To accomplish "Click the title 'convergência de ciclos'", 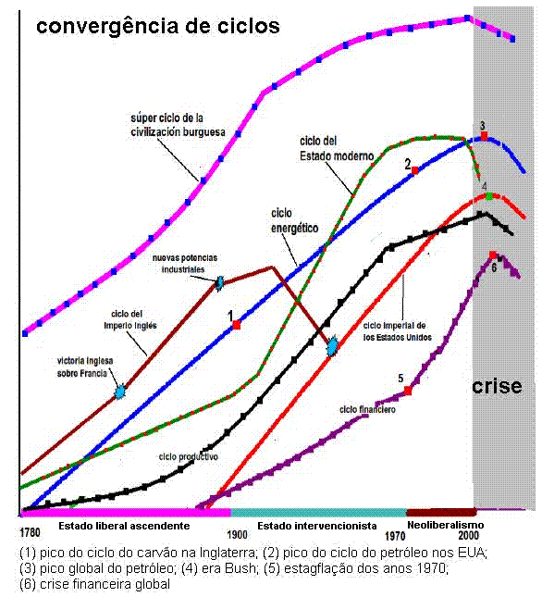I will tap(157, 26).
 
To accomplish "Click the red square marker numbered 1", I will tap(237, 325).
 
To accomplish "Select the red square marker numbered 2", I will tap(415, 170).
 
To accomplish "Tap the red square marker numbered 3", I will tap(483, 136).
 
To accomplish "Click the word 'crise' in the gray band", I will tap(497, 386).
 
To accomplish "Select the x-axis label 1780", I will tap(30, 534).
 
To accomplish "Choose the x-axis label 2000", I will tap(468, 534).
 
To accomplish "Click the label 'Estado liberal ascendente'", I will tap(124, 526).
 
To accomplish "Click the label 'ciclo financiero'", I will tap(367, 408).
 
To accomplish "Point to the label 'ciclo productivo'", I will tap(189, 457).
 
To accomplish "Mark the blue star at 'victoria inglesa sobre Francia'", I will tap(119, 392).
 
